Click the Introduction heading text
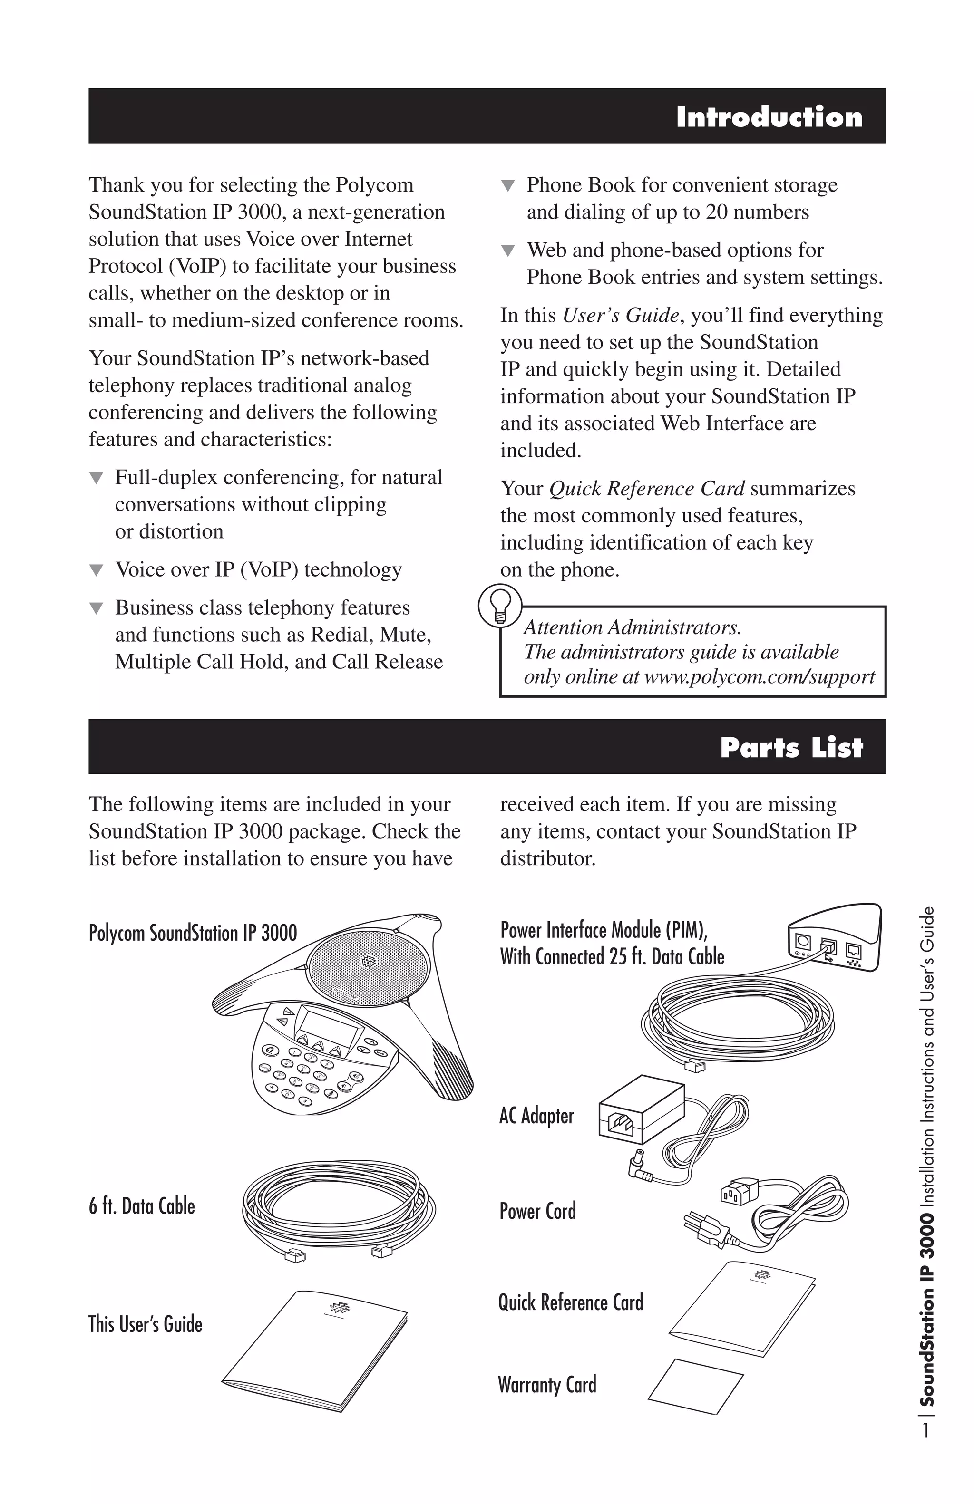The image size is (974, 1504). (x=769, y=117)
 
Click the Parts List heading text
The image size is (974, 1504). (x=791, y=748)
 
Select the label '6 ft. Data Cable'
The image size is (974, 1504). (x=142, y=1206)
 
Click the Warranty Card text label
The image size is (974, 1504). (x=547, y=1385)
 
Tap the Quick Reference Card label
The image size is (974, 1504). (x=570, y=1302)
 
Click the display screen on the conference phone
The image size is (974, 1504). (x=329, y=1022)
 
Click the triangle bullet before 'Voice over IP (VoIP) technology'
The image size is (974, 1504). (x=96, y=570)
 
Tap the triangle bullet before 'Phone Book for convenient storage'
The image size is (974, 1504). (x=507, y=186)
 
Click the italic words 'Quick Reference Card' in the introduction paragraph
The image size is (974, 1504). (x=647, y=489)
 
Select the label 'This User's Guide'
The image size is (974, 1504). (x=146, y=1324)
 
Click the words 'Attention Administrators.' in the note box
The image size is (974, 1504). (x=632, y=627)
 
